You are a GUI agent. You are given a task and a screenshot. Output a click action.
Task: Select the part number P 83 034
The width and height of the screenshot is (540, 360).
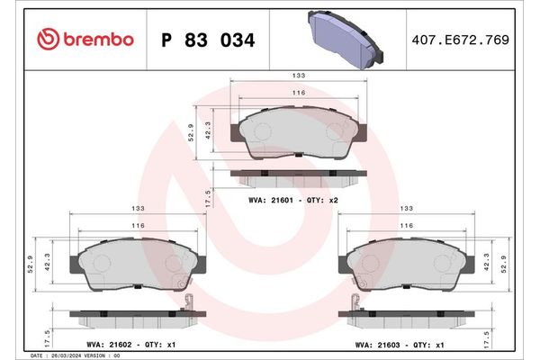pos(207,40)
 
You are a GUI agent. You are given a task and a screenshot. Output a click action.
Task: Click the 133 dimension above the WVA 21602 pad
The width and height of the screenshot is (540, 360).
pos(138,208)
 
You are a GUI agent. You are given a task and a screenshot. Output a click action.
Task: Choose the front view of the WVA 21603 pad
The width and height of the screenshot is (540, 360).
pos(406,265)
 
